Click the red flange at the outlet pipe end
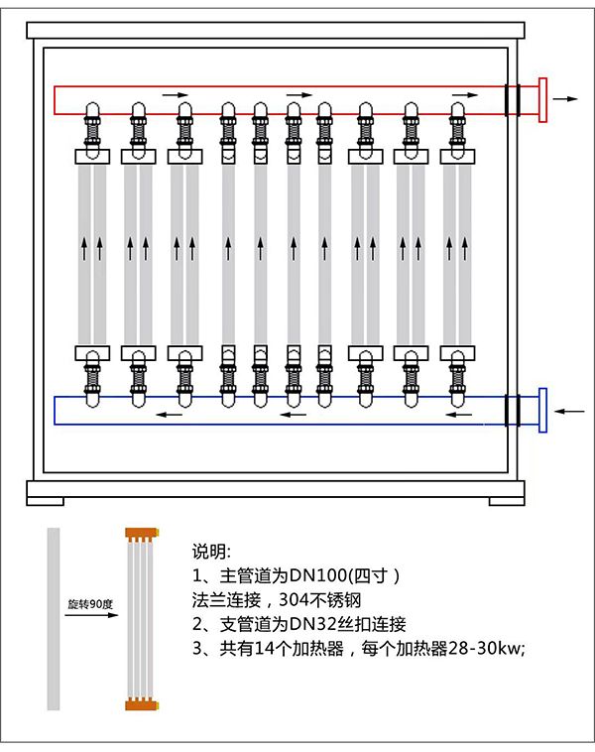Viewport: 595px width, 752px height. (542, 100)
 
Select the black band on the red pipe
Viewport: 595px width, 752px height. (512, 100)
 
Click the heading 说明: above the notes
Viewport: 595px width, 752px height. (210, 552)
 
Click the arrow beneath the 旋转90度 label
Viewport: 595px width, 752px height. (89, 616)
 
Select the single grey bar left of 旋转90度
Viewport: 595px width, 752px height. (54, 619)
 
